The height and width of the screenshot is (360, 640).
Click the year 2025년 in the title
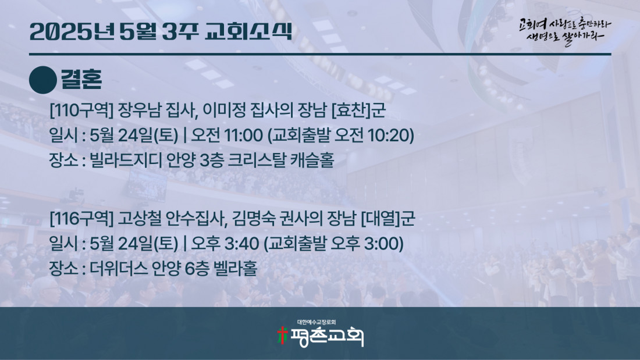(72, 31)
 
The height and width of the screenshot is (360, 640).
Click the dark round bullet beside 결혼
(43, 80)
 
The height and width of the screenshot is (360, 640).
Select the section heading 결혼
(81, 79)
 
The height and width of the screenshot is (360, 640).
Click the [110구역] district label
(81, 110)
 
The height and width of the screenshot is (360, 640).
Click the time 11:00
(243, 135)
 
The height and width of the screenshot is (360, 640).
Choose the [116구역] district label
(81, 219)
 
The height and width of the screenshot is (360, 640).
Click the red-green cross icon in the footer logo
(282, 335)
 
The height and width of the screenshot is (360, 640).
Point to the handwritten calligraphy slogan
(565, 31)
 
